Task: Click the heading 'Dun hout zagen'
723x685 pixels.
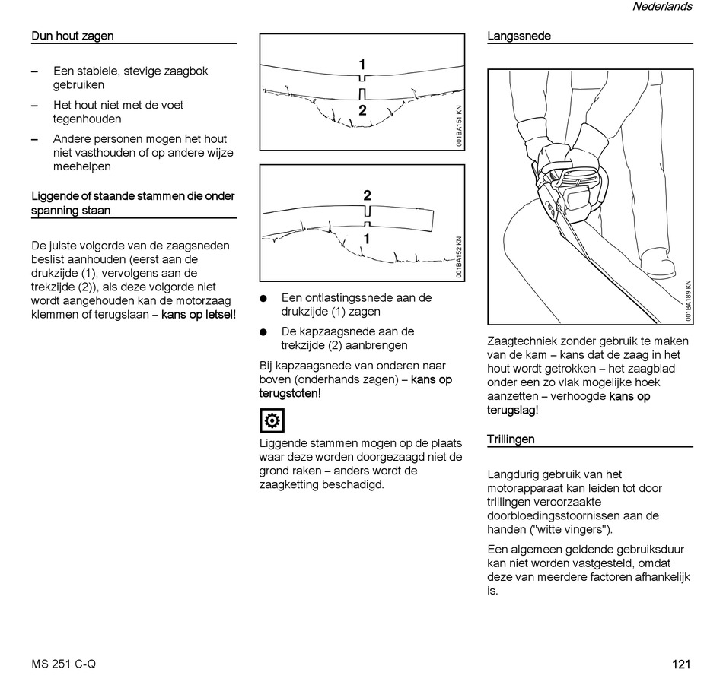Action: tap(72, 36)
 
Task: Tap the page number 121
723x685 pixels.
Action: tap(681, 664)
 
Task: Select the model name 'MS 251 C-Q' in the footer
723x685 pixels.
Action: tap(64, 664)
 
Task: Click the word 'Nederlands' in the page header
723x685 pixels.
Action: tap(662, 7)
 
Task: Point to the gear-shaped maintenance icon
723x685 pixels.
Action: tap(271, 420)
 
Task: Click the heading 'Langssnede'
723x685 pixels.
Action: tap(519, 36)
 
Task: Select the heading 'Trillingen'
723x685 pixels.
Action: tap(511, 439)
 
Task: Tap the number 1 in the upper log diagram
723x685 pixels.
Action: tap(362, 65)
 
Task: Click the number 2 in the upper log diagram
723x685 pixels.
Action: tap(362, 110)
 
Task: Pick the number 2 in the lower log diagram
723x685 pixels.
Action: tap(367, 195)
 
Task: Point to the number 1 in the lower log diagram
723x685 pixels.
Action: tap(367, 239)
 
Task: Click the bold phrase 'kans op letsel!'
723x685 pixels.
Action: tap(199, 314)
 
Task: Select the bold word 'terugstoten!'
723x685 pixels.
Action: tap(290, 393)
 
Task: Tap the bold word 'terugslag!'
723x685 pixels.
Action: tap(512, 411)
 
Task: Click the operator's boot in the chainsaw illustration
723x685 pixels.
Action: tap(657, 262)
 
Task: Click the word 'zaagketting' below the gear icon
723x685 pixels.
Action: tap(289, 484)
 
